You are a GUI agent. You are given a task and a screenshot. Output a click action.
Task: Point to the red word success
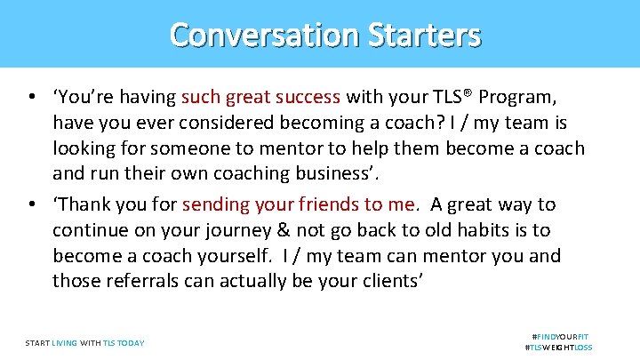click(x=306, y=96)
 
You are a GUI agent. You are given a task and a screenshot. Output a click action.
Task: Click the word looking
click(x=84, y=148)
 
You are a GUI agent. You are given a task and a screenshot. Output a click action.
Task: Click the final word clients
click(x=381, y=282)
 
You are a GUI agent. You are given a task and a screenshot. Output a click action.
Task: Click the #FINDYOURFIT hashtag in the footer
click(x=560, y=337)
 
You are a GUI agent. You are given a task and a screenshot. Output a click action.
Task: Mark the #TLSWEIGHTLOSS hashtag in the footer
click(x=559, y=348)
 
